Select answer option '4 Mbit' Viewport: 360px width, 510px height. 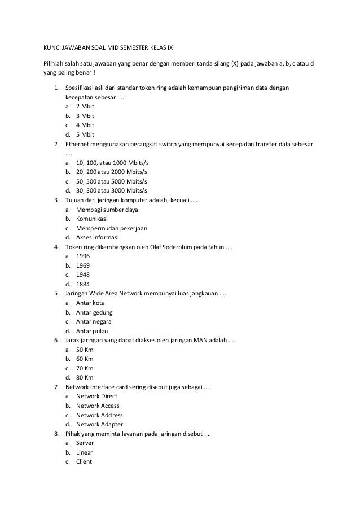coord(85,125)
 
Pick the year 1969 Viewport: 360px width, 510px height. coord(82,265)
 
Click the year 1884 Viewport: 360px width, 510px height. coord(82,284)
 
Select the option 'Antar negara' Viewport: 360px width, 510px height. coord(94,321)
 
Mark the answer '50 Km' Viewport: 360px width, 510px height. coord(85,350)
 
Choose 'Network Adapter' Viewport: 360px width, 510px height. coord(100,424)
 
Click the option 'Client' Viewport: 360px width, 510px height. coord(84,461)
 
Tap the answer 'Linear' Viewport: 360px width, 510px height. coord(84,452)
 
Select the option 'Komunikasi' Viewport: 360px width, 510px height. coord(91,219)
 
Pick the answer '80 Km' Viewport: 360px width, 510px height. coord(85,377)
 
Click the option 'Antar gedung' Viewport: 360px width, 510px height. coord(94,312)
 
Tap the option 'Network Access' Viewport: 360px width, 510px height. coord(98,406)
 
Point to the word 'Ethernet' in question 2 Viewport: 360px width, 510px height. coord(78,144)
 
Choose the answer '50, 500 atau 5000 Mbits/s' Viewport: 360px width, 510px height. coord(111,181)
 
